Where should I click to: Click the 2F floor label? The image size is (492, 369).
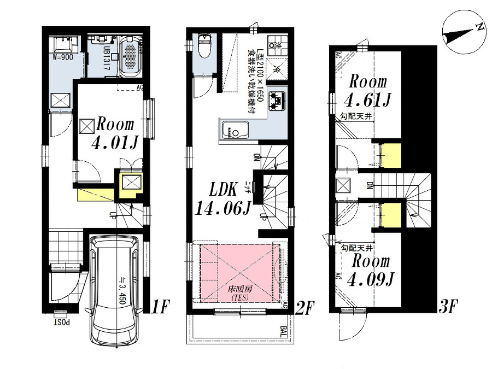[x=305, y=308]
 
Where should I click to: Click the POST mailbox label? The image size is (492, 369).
[x=60, y=318]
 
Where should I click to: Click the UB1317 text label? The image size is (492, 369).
[x=107, y=56]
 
